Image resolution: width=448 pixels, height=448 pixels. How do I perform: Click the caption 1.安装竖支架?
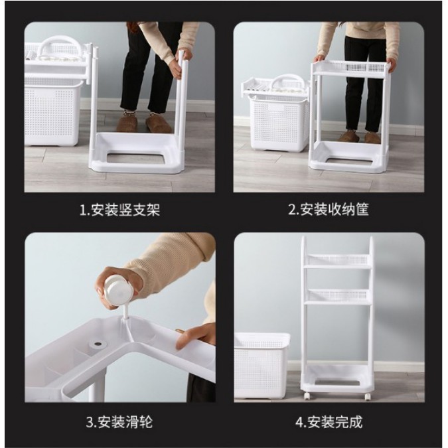(x=119, y=210)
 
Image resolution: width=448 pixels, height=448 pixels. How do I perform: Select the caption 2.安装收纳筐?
(x=329, y=210)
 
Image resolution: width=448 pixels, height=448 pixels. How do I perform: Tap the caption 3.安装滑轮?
(x=119, y=422)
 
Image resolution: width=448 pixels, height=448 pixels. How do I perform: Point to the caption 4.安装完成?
(x=329, y=422)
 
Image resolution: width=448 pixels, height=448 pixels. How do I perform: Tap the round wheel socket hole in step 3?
(x=98, y=343)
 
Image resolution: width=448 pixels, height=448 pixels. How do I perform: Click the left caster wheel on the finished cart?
(x=307, y=396)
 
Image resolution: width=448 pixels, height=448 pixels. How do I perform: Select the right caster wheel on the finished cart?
(x=367, y=396)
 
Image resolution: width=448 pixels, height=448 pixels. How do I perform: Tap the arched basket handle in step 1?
(x=60, y=45)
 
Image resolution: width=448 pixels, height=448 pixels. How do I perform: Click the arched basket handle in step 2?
(x=288, y=82)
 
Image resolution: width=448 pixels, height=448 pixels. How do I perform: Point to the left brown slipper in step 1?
(x=127, y=122)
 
